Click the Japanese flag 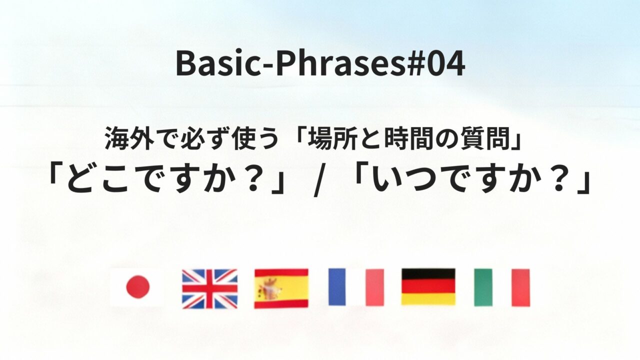pos(137,287)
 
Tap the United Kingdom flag pos(209,288)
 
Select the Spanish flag pos(281,288)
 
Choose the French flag pos(356,287)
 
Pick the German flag pos(428,286)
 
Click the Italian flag pos(501,287)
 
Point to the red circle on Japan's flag pos(137,287)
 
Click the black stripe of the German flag pos(428,274)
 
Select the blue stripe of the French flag pos(337,287)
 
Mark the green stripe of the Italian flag pos(483,287)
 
